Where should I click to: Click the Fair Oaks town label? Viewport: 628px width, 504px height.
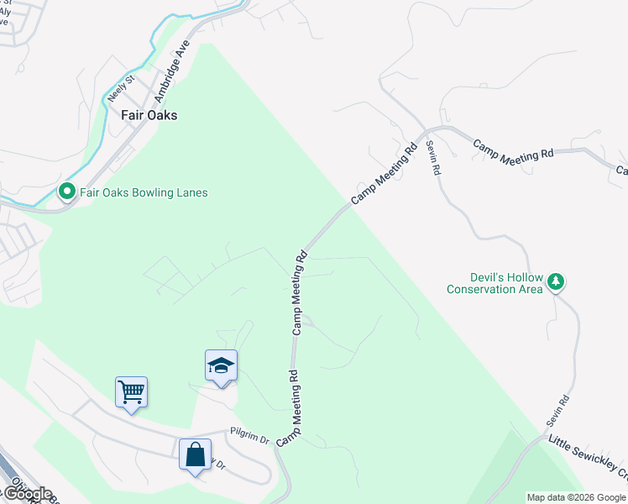[x=149, y=115]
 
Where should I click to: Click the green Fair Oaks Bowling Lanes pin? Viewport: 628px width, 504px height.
[x=67, y=192]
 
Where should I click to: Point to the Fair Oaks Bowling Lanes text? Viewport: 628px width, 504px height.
[x=144, y=192]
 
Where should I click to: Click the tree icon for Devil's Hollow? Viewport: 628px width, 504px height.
[x=556, y=282]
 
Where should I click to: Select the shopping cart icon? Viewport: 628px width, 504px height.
[x=131, y=391]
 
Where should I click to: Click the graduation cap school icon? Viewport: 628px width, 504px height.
[x=221, y=365]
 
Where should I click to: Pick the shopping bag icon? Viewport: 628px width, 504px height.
[x=195, y=454]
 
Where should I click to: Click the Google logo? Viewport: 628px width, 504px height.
[x=27, y=494]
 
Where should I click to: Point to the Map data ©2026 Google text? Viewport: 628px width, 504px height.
[x=575, y=497]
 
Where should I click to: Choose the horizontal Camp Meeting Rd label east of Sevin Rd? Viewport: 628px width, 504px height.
[x=513, y=150]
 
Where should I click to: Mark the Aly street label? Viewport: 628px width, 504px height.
[x=5, y=13]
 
